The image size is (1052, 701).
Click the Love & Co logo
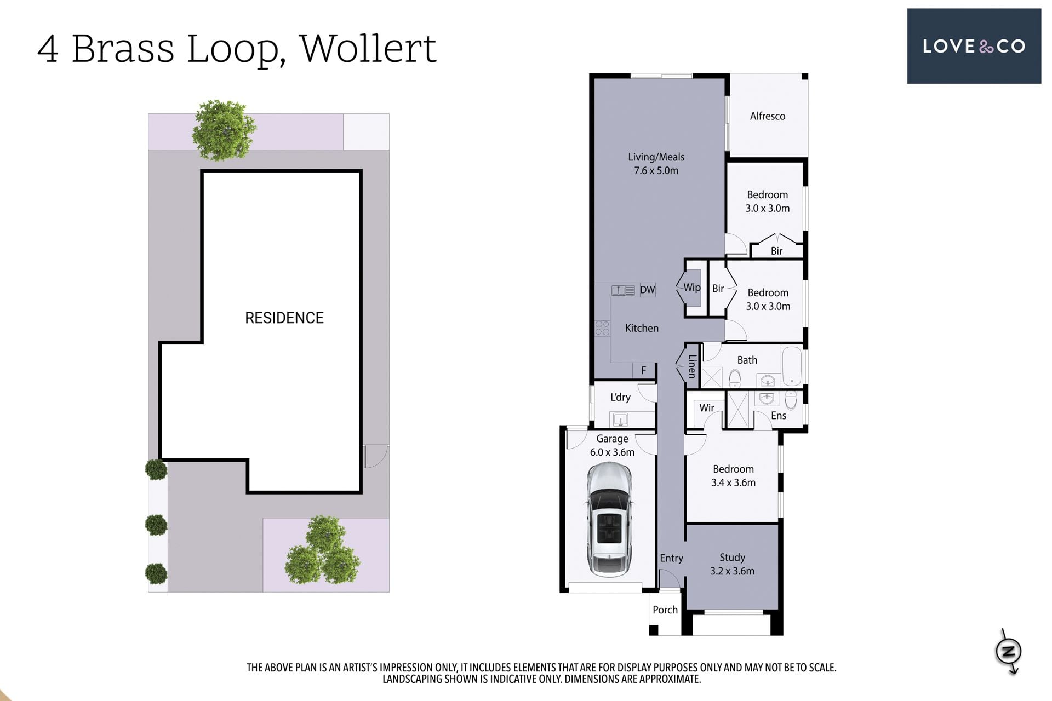974,46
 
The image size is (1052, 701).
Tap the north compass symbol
1009,651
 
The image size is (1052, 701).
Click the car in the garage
609,519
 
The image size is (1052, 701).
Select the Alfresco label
767,116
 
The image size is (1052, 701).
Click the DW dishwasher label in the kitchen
647,290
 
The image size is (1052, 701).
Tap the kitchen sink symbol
624,290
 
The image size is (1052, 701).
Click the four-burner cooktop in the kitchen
602,328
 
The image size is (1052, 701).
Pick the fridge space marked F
644,370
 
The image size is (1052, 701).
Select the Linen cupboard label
692,366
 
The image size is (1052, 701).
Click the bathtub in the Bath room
792,366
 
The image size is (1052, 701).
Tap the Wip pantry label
691,288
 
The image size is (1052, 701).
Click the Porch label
665,610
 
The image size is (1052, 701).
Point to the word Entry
671,558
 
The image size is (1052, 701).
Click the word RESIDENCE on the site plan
284,318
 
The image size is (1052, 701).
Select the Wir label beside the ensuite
707,408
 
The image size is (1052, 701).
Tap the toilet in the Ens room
791,400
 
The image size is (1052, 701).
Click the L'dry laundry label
620,397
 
